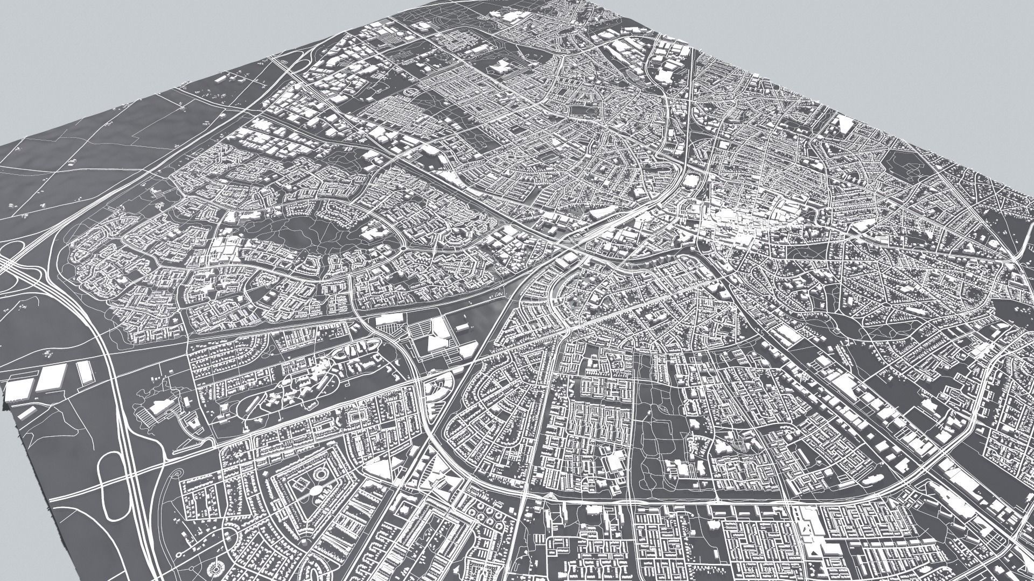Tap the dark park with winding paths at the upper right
[910, 167]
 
